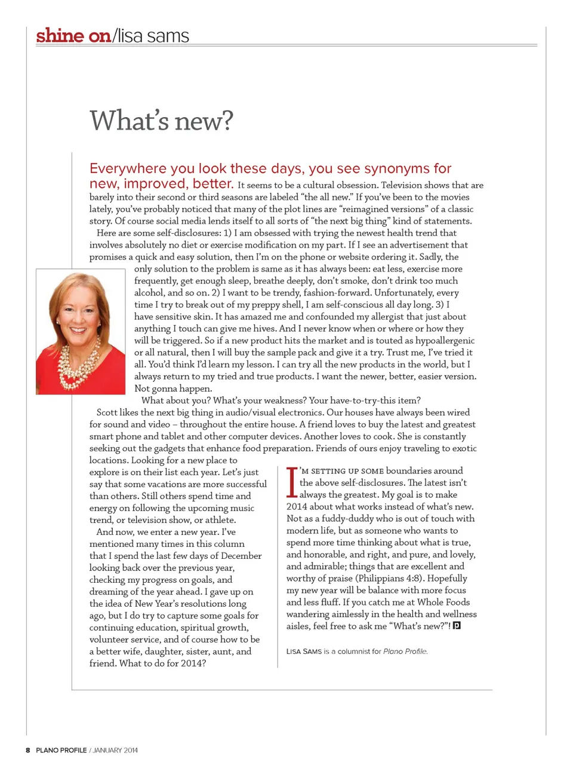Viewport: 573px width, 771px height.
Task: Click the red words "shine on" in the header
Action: click(73, 36)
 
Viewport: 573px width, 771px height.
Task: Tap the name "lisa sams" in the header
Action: click(153, 36)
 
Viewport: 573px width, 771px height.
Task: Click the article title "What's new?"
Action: click(161, 121)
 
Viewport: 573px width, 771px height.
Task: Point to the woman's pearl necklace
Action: click(80, 362)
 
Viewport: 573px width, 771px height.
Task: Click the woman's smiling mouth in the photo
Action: click(78, 329)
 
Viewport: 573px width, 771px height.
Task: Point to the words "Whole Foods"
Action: click(443, 602)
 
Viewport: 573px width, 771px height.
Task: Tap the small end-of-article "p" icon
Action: click(457, 626)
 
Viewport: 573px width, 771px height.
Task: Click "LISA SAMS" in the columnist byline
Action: click(304, 651)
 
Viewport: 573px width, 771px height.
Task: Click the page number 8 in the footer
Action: click(27, 750)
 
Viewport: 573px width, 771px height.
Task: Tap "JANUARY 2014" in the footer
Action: click(115, 750)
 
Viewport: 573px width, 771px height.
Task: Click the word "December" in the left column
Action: click(241, 556)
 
